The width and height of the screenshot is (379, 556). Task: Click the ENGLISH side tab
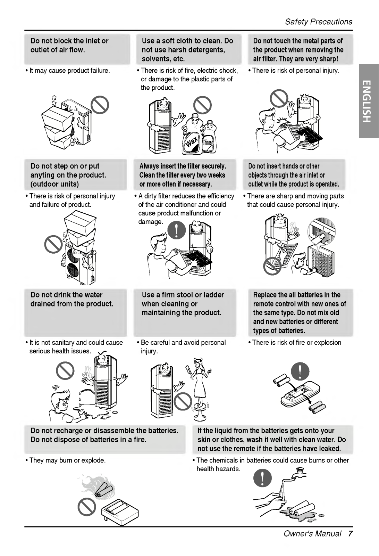368,101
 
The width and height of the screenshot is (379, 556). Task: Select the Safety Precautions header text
319,22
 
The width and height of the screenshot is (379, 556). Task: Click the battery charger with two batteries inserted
119,512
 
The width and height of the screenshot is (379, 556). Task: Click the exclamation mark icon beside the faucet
262,477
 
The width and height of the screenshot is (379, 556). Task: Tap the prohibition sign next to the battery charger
87,506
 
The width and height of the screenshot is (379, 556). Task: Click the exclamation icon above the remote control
300,371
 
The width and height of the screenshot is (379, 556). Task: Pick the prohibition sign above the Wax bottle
202,105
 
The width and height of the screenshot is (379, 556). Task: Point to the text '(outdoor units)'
54,184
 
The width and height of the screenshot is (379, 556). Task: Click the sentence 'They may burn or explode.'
67,460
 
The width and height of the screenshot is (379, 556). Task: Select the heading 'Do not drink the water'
66,295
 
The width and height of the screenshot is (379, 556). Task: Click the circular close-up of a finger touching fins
321,231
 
